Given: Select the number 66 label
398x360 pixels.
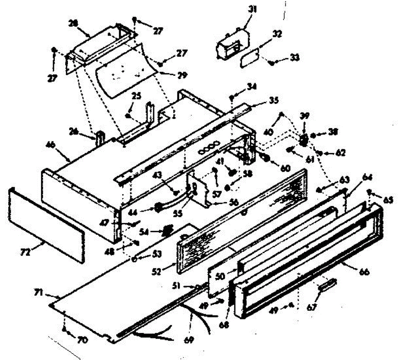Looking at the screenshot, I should point(363,272).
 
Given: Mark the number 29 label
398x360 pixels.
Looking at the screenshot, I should point(182,75).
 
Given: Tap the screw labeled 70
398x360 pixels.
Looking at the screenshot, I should point(63,329).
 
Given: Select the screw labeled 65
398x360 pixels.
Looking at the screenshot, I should point(369,191).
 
